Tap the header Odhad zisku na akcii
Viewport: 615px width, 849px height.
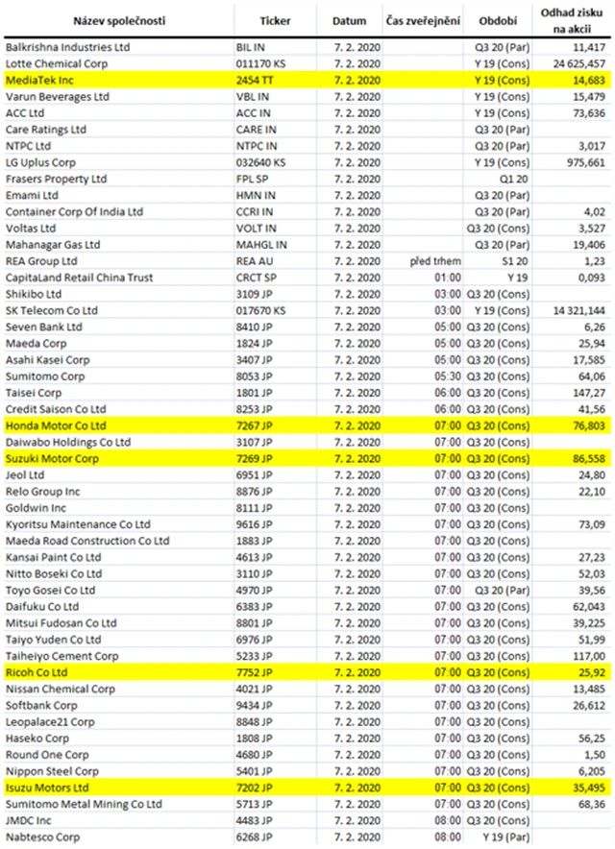[574, 19]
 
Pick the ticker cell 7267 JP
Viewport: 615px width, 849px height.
[256, 424]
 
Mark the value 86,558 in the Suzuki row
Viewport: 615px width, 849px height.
[587, 459]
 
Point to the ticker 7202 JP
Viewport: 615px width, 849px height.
[256, 788]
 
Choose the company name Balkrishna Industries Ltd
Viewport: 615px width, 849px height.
[67, 45]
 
